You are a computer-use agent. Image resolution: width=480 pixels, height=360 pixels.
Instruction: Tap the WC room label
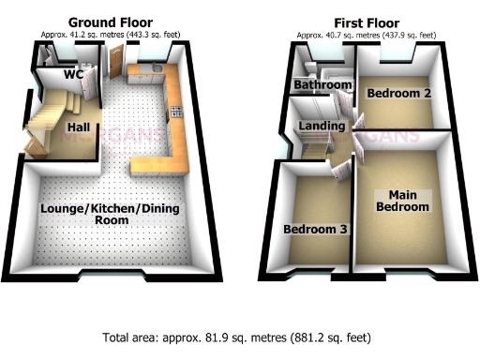pos(74,74)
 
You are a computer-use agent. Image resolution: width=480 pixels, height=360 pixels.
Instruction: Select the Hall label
pos(78,126)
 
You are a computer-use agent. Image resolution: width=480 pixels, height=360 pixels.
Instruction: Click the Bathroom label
pos(322,85)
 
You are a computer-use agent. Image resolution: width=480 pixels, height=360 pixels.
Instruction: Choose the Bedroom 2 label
pos(398,94)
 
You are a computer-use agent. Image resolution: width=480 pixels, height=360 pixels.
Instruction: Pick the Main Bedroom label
pos(402,201)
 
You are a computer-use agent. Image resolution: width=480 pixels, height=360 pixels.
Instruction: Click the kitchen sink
pos(154,70)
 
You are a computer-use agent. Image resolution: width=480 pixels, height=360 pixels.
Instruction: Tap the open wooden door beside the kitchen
pos(116,64)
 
